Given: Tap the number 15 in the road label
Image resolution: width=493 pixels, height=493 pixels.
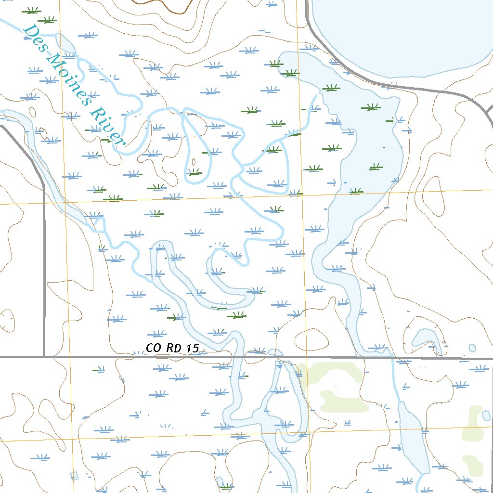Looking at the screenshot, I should click(x=192, y=348).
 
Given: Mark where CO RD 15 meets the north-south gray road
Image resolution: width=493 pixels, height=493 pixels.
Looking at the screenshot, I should click(x=44, y=357).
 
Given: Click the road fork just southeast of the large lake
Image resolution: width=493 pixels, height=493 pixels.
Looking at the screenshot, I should click(x=469, y=96).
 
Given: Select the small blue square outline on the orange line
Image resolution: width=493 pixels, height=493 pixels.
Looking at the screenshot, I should click(x=74, y=476).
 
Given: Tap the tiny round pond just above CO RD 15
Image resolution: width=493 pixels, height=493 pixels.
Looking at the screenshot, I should click(x=472, y=347).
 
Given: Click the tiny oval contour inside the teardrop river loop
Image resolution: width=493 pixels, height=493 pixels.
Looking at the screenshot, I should click(x=194, y=162).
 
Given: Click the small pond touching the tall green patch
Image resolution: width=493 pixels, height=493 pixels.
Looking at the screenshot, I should click(x=474, y=414).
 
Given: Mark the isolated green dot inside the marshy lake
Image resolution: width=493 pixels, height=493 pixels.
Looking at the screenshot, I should click(x=384, y=146).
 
